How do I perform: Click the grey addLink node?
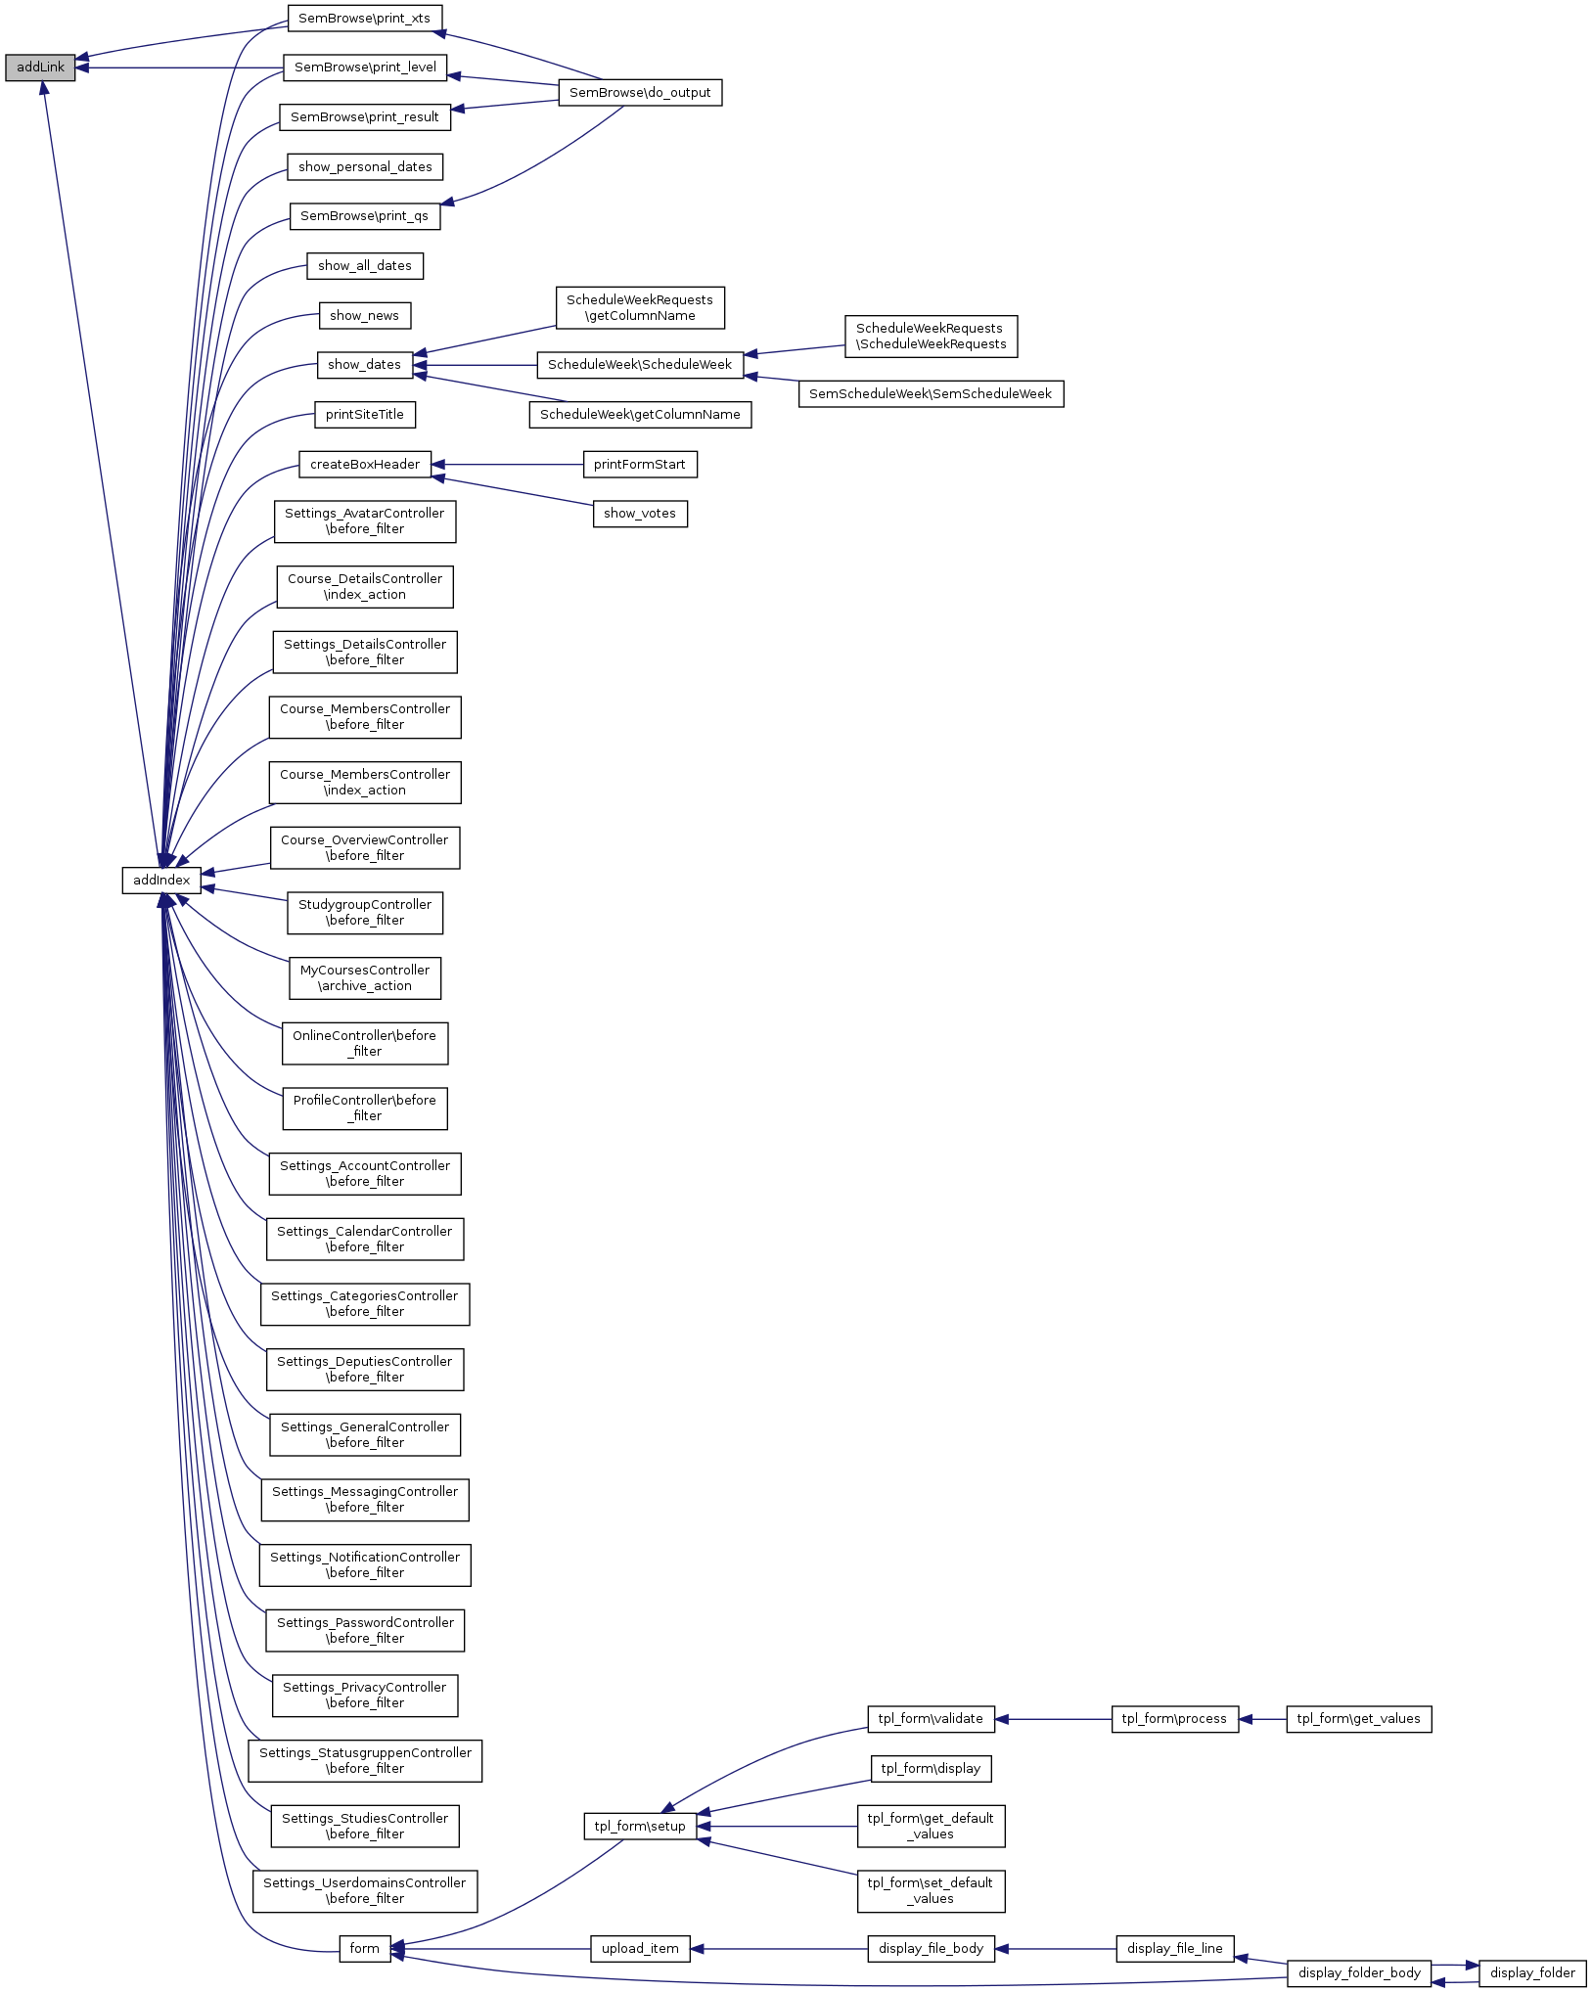tap(40, 68)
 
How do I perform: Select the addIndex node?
tap(161, 880)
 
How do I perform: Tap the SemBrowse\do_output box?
tap(640, 93)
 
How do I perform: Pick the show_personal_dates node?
tap(365, 167)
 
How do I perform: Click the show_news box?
tap(364, 316)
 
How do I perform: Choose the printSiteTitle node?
tap(364, 415)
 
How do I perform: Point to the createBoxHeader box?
tap(364, 465)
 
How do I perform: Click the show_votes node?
tap(640, 514)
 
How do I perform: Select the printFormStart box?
tap(640, 465)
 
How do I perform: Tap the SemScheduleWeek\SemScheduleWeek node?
tap(931, 394)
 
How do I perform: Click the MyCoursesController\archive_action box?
tap(365, 978)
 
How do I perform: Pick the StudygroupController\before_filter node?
tap(365, 913)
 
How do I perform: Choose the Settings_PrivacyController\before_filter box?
tap(365, 1696)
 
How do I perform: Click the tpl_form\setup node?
tap(640, 1827)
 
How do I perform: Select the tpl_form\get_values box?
tap(1358, 1719)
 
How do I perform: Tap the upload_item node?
tap(640, 1949)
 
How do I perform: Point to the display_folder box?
tap(1532, 1973)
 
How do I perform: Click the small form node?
tap(364, 1949)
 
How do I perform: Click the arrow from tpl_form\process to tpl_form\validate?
tap(1053, 1719)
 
